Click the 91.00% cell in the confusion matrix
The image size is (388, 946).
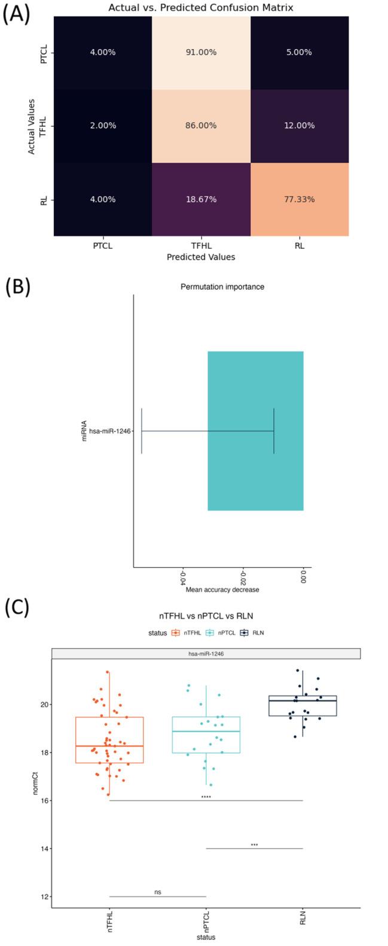click(x=201, y=52)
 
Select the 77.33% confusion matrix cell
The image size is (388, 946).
click(x=300, y=199)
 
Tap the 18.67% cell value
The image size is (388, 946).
click(x=201, y=199)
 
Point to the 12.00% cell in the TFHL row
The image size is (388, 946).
click(x=300, y=126)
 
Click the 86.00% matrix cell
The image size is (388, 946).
click(x=201, y=126)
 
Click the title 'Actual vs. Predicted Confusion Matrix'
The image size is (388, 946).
click(x=201, y=8)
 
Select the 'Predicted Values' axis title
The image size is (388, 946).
click(x=201, y=257)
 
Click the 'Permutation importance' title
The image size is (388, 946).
click(x=222, y=287)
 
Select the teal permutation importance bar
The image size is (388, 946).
click(x=255, y=431)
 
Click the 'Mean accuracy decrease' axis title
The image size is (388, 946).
click(x=222, y=589)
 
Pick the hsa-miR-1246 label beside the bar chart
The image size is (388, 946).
click(x=109, y=431)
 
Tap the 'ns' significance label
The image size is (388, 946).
click(x=158, y=892)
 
